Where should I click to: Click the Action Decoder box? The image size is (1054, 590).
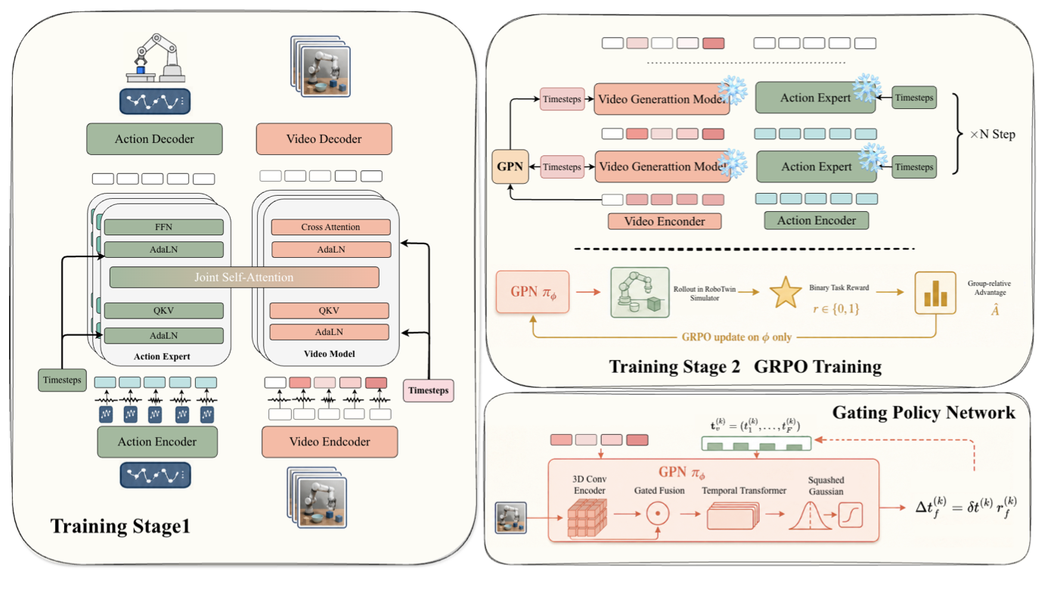coord(154,139)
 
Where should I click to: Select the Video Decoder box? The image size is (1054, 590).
coord(324,139)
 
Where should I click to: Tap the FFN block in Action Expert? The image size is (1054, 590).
coord(164,227)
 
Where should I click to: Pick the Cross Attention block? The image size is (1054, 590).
coord(330,227)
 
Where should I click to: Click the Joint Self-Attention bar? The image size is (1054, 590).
coord(244,278)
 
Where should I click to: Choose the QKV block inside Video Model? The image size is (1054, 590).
coord(329,310)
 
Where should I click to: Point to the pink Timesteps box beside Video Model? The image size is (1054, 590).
coord(429,390)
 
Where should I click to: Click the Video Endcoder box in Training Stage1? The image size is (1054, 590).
coord(330,442)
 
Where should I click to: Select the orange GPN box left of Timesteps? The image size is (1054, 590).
coord(510,166)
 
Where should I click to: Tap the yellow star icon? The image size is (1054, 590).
coord(786,293)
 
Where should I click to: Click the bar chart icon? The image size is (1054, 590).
coord(935,293)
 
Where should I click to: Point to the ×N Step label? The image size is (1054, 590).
coord(993,134)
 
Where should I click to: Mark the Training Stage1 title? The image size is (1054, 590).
coord(120,526)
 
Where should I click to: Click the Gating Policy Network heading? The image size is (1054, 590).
coord(924,412)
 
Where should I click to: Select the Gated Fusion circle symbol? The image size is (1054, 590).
coord(658,514)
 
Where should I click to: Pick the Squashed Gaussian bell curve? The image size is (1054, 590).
coord(811,516)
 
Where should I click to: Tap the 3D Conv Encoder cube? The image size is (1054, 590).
coord(587,518)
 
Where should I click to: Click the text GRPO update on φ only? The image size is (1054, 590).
coord(737,337)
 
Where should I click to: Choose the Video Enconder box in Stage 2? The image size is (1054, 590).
coord(665,222)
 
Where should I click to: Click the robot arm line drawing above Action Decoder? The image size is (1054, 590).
coord(156,57)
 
